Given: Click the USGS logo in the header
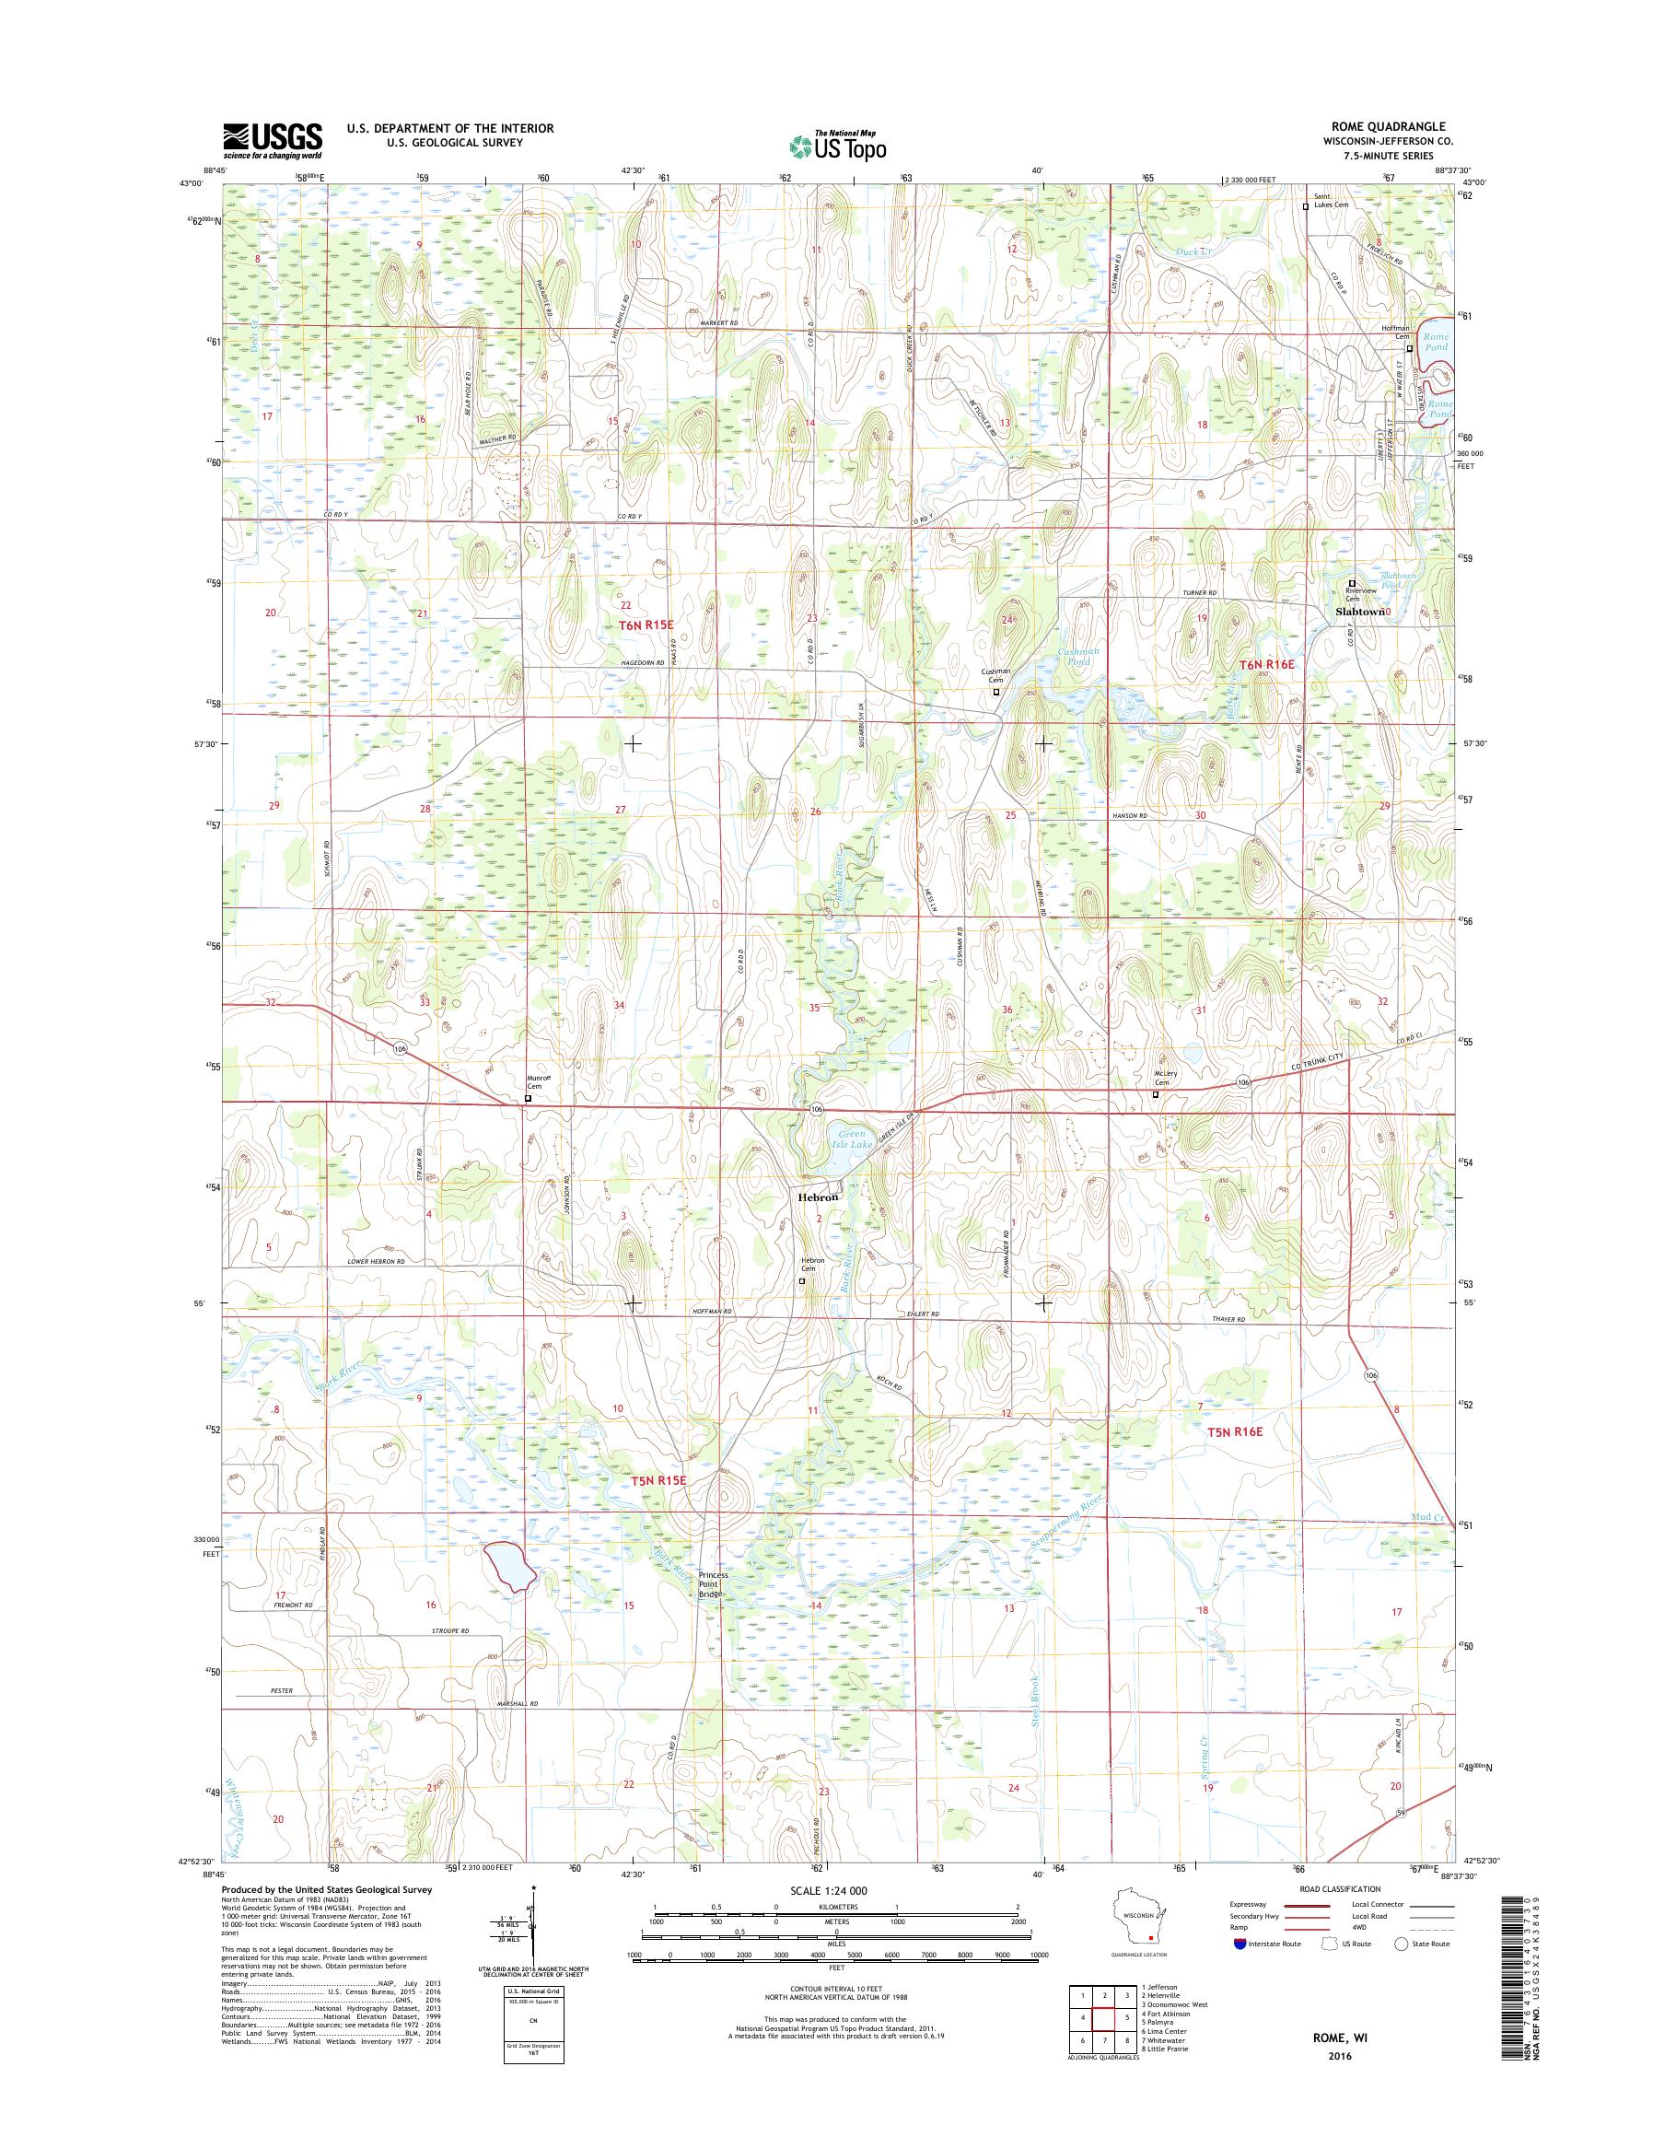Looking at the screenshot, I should click(x=272, y=141).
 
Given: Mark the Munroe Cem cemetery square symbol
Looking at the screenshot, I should click(x=528, y=1100).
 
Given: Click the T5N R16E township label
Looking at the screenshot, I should click(x=1233, y=1432).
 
